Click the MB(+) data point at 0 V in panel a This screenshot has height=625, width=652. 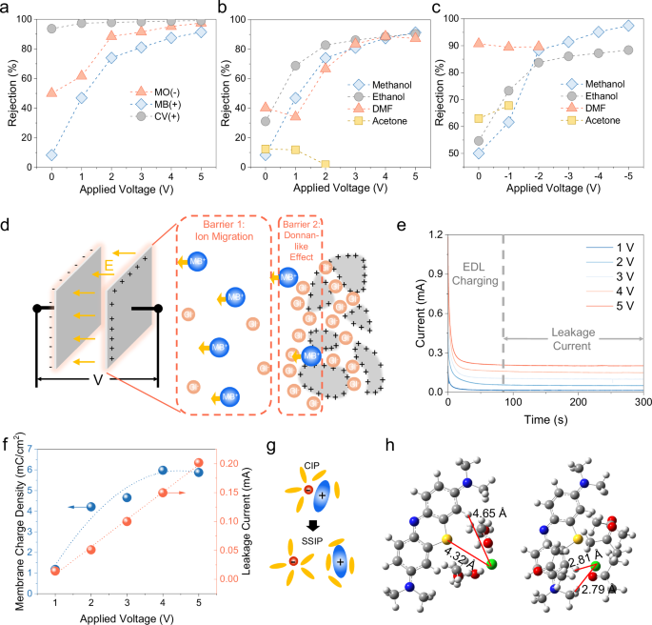[x=51, y=154]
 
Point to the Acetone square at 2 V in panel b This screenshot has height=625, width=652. [x=326, y=165]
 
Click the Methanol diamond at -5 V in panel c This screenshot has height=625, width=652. [x=627, y=26]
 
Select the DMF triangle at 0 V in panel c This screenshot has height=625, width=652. [x=479, y=43]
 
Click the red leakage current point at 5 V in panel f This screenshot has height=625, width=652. [x=199, y=463]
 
